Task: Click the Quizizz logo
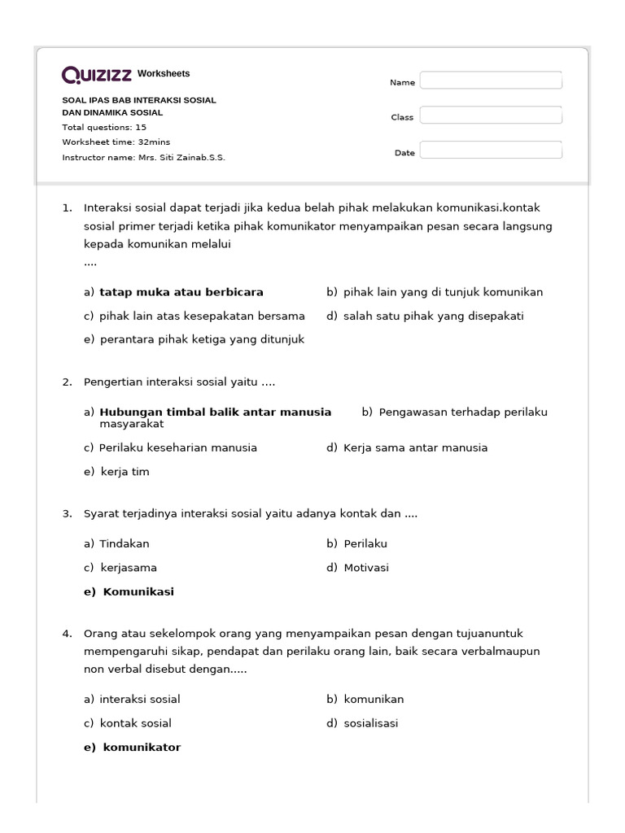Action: coord(97,76)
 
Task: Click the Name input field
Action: coord(490,81)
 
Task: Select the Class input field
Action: coord(490,116)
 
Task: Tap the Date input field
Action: coord(490,150)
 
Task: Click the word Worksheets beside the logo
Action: coord(164,74)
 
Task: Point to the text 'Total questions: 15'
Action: coord(104,128)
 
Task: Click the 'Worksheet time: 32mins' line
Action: coord(116,142)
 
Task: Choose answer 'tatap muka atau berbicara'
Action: coord(181,292)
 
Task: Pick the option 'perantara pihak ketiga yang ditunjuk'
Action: coord(202,340)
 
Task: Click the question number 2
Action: coord(67,382)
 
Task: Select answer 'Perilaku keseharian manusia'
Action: coord(177,447)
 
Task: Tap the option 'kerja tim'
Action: coord(125,472)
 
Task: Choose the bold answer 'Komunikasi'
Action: coord(138,592)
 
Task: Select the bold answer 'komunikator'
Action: coord(142,748)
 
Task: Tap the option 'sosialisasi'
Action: coord(371,723)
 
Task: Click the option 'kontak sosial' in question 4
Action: coord(135,723)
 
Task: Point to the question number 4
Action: coord(67,633)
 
